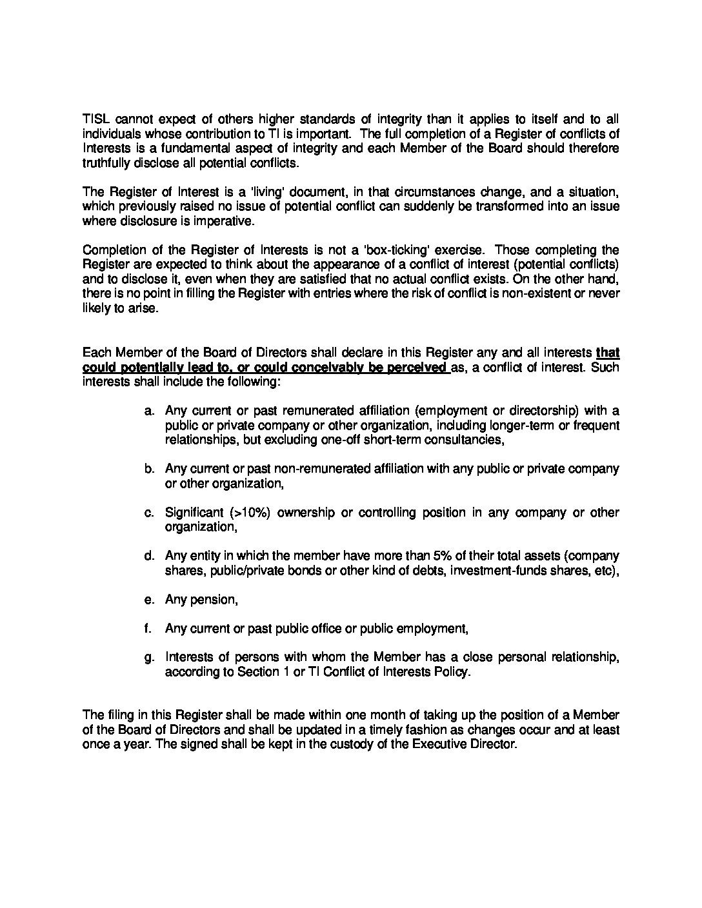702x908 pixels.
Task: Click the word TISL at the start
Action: (x=95, y=119)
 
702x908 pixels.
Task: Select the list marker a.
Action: (x=149, y=411)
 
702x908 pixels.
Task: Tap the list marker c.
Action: (x=149, y=513)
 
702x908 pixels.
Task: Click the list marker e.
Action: (x=149, y=600)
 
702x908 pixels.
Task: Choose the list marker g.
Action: (x=149, y=658)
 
